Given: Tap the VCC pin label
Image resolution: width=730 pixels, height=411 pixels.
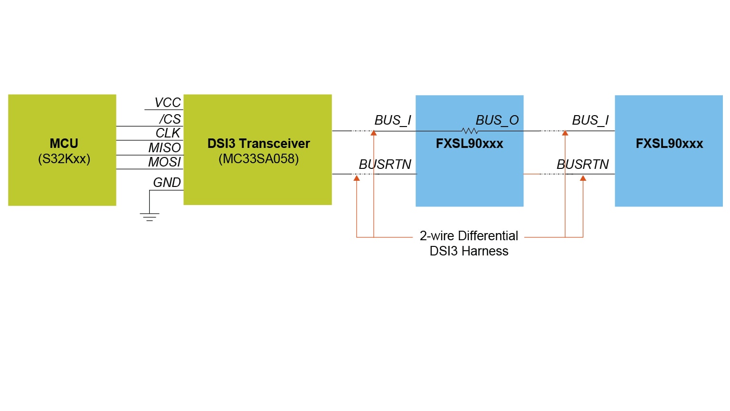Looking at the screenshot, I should coord(168,103).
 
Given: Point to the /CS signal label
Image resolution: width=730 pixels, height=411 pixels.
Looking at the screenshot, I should coord(170,119).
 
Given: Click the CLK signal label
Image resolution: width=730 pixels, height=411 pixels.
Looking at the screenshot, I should coord(168,133).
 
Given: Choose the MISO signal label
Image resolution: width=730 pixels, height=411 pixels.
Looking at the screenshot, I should coord(165,148).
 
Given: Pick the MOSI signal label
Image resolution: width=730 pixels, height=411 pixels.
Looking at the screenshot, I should coord(165,162).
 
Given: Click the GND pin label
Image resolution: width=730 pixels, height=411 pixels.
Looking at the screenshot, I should coord(167,183).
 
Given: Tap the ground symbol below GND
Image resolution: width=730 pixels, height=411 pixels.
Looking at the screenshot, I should coord(150,216).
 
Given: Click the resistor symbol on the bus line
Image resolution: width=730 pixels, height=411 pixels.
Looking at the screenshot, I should coord(470,131).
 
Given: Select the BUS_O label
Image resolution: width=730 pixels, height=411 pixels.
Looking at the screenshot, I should coord(497,120).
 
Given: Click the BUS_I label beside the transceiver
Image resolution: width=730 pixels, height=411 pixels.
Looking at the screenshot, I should coord(393,120).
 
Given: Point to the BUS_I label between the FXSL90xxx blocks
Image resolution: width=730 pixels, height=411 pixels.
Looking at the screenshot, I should coord(590,120).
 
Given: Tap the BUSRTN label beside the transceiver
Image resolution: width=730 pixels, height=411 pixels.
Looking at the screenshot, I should coord(385,165).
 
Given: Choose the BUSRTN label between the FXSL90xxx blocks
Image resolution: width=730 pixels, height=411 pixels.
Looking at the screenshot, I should coord(583,165).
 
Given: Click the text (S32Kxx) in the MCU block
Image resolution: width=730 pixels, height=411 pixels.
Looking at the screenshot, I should coord(64,159).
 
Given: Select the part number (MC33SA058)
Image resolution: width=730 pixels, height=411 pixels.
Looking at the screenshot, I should coord(258,159).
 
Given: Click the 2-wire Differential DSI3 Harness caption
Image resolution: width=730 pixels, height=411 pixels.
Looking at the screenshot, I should coord(469,244).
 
